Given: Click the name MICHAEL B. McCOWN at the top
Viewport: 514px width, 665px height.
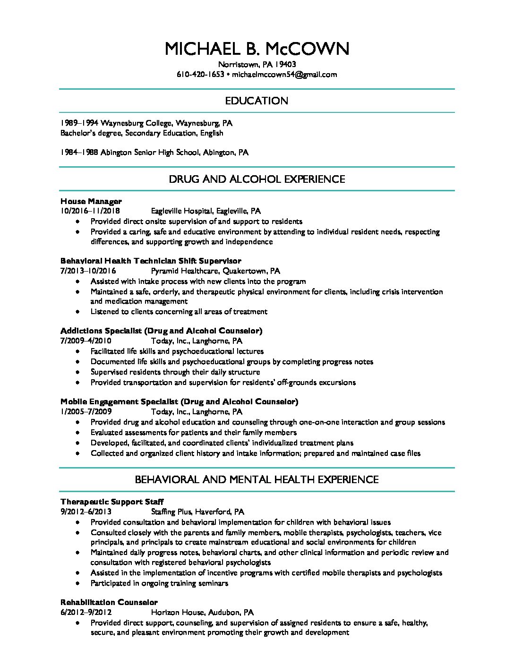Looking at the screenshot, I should pos(257,49).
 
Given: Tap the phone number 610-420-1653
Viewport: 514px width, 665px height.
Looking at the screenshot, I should pos(200,74).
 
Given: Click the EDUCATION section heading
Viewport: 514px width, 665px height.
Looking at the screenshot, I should pos(257,101).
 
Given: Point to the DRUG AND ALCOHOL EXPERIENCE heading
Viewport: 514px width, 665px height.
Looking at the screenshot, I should pos(257,179).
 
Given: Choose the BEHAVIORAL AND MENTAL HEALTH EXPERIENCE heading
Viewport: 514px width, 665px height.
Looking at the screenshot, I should pos(257,480).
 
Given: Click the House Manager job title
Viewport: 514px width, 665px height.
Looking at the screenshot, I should pos(91,201).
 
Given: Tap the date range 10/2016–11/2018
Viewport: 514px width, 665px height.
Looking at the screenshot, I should pos(90,211).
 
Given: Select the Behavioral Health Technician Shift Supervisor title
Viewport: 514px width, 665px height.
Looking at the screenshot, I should pos(151,261).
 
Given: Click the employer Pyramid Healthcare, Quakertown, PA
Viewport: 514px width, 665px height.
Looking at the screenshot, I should pos(215,271).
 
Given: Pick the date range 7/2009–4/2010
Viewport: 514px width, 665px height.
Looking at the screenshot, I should pos(86,341).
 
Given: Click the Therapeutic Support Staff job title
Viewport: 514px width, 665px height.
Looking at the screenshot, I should pos(112,502).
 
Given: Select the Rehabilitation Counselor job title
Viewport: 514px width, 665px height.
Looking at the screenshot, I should pos(109,602).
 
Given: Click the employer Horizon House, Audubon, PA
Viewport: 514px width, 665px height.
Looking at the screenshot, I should pos(202,612).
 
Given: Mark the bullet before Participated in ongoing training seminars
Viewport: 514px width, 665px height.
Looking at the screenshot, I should pos(78,583).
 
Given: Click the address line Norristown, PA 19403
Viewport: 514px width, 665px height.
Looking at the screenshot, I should pos(257,64).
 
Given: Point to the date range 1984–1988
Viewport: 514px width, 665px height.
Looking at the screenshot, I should pos(79,153).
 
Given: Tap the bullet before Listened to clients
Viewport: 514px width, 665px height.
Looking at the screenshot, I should pos(78,312).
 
